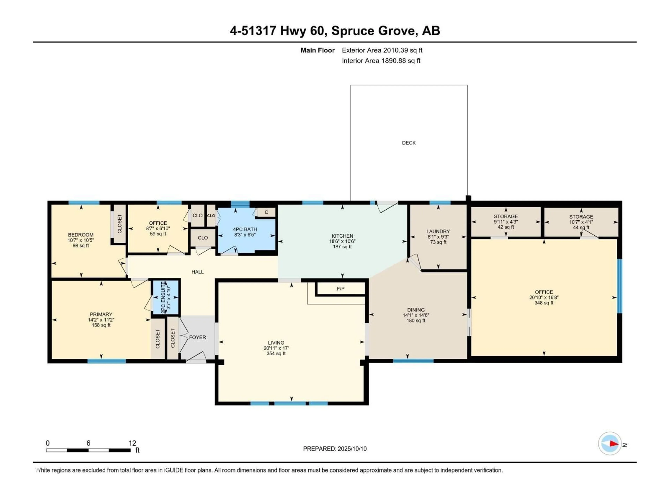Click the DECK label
point(409,143)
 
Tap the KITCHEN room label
point(342,236)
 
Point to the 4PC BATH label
point(245,229)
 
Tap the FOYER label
point(198,337)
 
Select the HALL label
point(198,272)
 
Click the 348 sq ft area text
point(544,303)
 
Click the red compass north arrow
point(614,444)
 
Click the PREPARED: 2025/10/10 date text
point(335,449)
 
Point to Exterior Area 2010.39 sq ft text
point(382,50)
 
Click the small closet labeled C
point(266,212)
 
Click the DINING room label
point(416,310)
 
